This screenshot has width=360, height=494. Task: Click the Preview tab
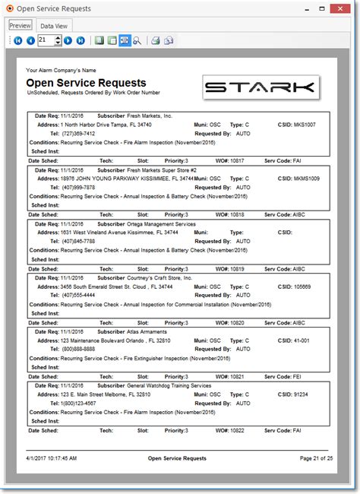pyautogui.click(x=20, y=25)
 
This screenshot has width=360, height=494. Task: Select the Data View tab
pyautogui.click(x=55, y=25)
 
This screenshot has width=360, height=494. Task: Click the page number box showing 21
pyautogui.click(x=45, y=40)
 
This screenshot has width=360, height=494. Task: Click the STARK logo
pyautogui.click(x=258, y=87)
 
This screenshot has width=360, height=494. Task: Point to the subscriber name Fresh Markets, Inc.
pyautogui.click(x=150, y=116)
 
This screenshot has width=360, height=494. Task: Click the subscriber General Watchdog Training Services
pyautogui.click(x=169, y=385)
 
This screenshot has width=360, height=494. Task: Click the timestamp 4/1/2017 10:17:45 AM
pyautogui.click(x=51, y=458)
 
